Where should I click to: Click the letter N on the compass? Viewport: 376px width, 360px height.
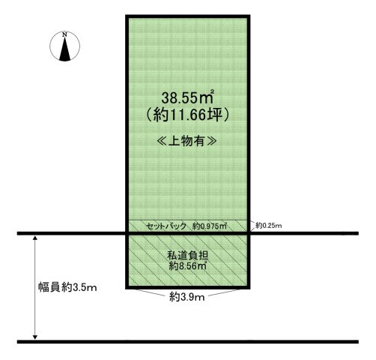(64, 34)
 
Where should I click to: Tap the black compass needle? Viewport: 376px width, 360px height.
(65, 50)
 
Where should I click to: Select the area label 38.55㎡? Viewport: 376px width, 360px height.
(188, 97)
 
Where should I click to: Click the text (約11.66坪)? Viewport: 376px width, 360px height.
(187, 115)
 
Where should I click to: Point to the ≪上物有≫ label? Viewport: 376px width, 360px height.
(187, 142)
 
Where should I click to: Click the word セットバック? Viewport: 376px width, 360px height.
(166, 226)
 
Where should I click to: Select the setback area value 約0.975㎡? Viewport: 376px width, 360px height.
(210, 226)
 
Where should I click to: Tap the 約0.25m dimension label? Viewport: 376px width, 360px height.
(269, 226)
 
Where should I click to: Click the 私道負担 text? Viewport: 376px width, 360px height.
(187, 256)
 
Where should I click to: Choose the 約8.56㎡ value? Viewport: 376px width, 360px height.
(187, 266)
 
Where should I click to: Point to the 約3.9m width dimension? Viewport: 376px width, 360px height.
(187, 297)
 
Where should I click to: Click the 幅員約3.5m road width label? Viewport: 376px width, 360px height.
(67, 287)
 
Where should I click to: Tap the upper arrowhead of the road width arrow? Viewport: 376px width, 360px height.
(35, 238)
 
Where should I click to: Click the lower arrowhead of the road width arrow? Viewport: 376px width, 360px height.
(35, 337)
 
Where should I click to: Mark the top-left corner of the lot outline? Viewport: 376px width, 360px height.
(127, 16)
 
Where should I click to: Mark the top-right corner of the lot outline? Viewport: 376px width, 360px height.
(249, 16)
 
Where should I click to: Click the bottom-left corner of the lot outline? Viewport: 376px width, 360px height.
(127, 288)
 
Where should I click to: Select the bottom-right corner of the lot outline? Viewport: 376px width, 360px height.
(249, 288)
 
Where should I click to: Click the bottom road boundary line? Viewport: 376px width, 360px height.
(188, 341)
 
